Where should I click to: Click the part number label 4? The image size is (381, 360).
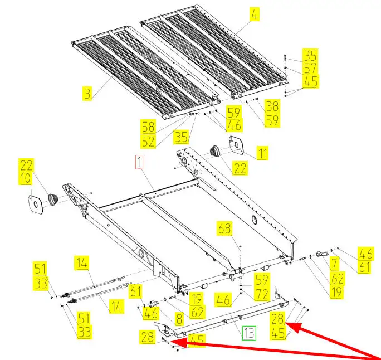(254, 14)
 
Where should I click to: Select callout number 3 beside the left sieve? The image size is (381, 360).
(87, 94)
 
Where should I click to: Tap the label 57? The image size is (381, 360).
(310, 69)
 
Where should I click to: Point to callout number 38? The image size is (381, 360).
(272, 106)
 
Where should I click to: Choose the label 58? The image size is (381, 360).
(148, 127)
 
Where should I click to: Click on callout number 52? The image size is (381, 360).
(148, 142)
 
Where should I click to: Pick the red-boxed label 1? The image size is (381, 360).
(139, 163)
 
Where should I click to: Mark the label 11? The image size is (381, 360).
(262, 153)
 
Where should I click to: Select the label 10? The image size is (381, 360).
(26, 178)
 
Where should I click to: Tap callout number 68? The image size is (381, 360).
(225, 228)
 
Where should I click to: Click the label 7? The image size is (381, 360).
(335, 264)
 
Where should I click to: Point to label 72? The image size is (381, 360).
(262, 294)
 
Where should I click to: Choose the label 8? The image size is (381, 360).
(179, 319)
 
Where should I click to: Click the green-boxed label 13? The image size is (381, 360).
(249, 333)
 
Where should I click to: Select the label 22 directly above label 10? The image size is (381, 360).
(26, 165)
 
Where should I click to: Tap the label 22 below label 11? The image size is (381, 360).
(240, 168)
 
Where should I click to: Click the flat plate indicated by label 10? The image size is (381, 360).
(36, 205)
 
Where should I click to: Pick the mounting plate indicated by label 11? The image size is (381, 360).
(236, 145)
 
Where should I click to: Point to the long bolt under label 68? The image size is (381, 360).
(240, 251)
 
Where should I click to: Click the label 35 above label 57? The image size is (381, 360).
(310, 55)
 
